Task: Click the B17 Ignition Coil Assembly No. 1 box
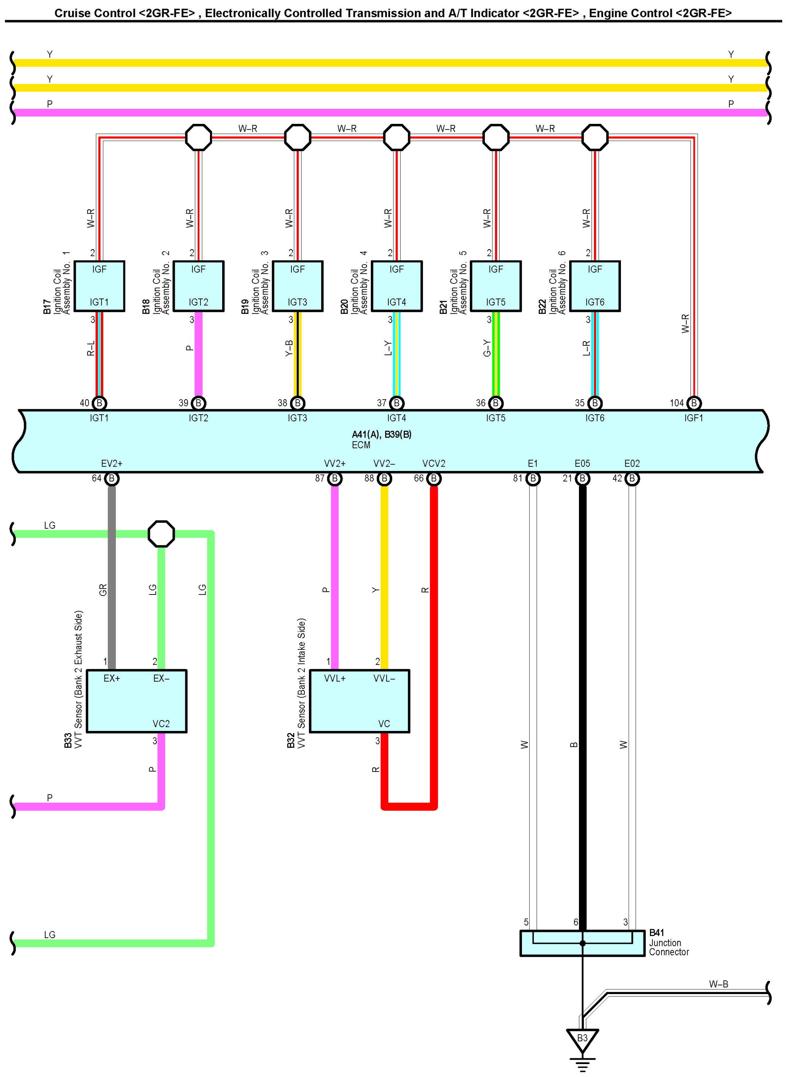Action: pyautogui.click(x=99, y=286)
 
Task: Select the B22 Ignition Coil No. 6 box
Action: pyautogui.click(x=595, y=286)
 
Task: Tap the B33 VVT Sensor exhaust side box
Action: pyautogui.click(x=136, y=701)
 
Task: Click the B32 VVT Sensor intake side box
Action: pyautogui.click(x=359, y=701)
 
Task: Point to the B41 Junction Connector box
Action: pyautogui.click(x=583, y=943)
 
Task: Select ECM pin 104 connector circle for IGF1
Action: pyautogui.click(x=694, y=403)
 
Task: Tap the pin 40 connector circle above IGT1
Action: pyautogui.click(x=99, y=403)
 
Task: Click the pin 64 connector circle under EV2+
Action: pyautogui.click(x=112, y=478)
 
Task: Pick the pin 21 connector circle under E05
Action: pyautogui.click(x=583, y=478)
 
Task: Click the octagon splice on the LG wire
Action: pyautogui.click(x=161, y=534)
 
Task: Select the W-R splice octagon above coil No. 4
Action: pyautogui.click(x=396, y=137)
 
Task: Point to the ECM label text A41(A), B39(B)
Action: pyautogui.click(x=382, y=434)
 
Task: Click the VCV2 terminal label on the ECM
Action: pyautogui.click(x=434, y=463)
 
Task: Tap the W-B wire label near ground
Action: pyautogui.click(x=719, y=984)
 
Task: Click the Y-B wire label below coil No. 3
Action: pyautogui.click(x=289, y=348)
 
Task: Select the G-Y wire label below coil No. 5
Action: pyautogui.click(x=487, y=348)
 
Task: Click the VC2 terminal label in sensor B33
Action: pyautogui.click(x=161, y=724)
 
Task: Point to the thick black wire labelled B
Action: pyautogui.click(x=583, y=714)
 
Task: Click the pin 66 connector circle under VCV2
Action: pyautogui.click(x=434, y=478)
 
